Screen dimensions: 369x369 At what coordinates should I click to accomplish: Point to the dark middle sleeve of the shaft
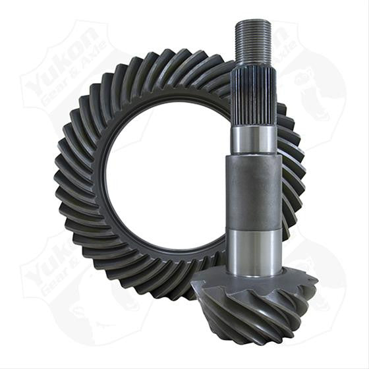(x=254, y=191)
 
